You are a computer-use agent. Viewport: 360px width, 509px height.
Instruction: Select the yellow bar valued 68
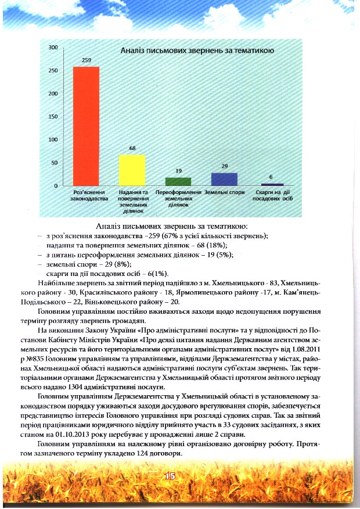pos(132,170)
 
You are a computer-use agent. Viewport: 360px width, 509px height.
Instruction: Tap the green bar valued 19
pos(178,181)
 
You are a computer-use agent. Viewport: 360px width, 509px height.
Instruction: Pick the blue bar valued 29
pos(224,179)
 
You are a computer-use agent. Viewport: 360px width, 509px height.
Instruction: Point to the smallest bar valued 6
pos(270,184)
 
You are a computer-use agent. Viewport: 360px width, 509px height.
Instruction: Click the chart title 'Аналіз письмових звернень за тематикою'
pos(197,52)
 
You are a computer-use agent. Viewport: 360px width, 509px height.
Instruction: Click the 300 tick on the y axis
pos(52,47)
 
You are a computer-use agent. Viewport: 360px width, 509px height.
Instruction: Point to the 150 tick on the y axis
pos(52,117)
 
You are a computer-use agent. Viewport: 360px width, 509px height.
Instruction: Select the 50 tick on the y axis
pos(53,163)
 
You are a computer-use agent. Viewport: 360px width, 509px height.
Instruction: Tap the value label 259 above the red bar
pos(86,60)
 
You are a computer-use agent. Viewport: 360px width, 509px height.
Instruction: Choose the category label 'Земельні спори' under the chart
pos(224,192)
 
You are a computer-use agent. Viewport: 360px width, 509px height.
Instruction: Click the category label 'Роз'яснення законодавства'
pos(86,195)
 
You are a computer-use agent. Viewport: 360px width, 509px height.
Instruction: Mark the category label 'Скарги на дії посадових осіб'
pos(270,195)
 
